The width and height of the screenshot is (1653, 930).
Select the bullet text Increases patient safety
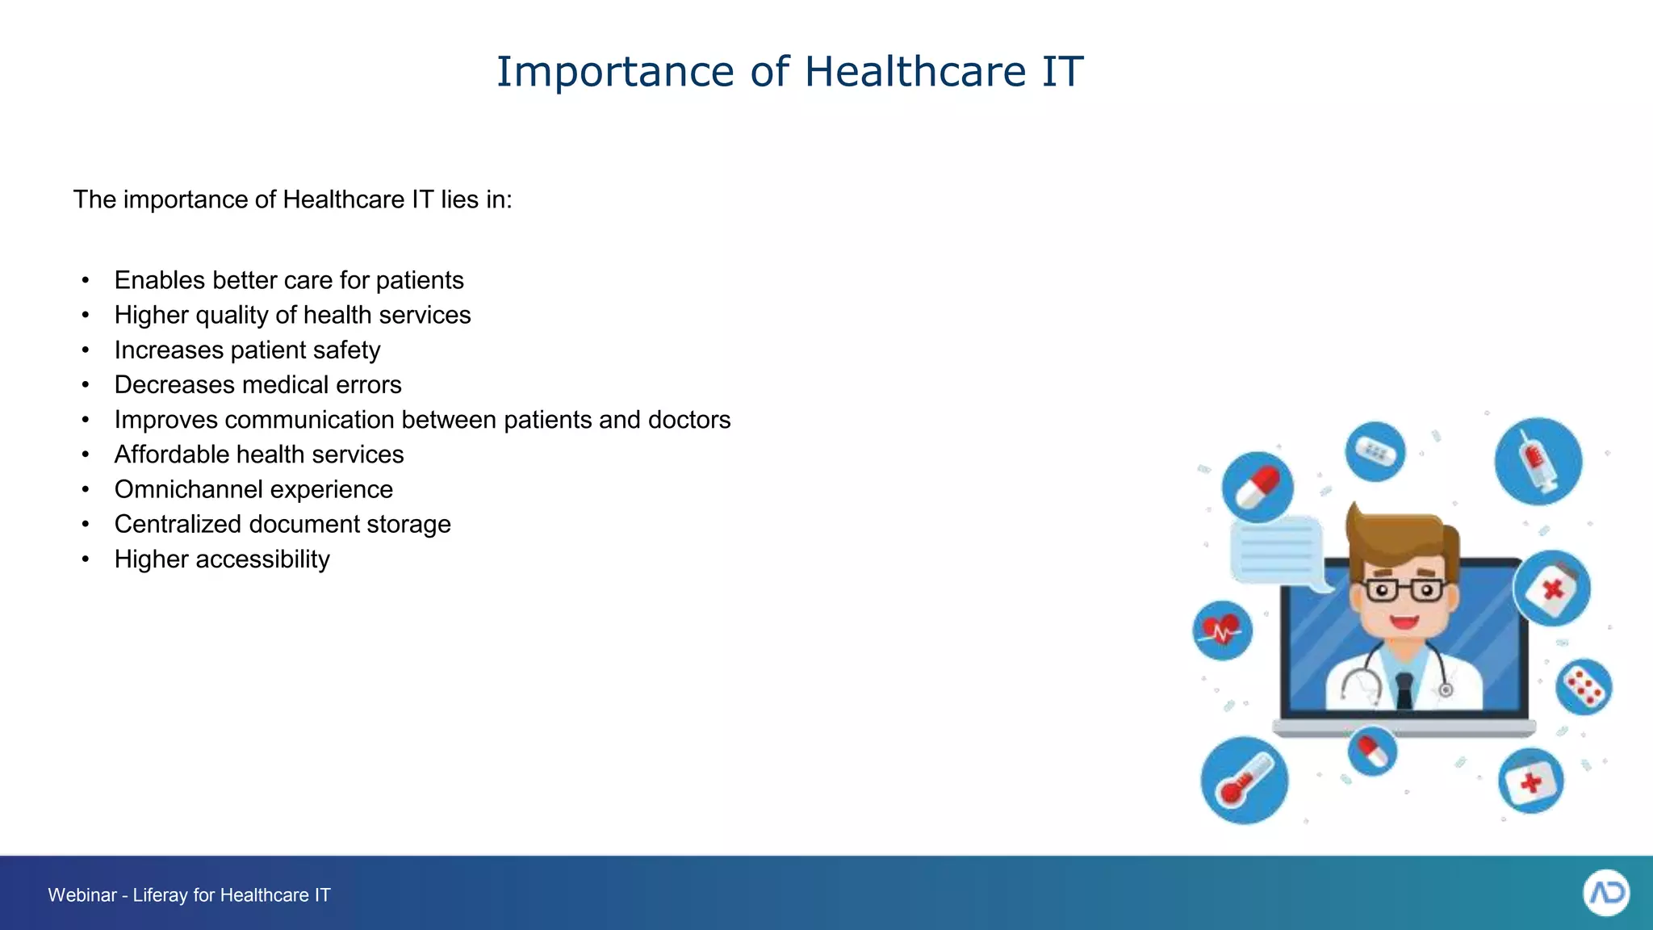[x=247, y=350]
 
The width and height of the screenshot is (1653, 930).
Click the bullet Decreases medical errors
[x=257, y=385]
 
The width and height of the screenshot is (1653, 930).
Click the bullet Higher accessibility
[x=222, y=559]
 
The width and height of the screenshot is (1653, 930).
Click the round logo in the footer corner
[x=1605, y=893]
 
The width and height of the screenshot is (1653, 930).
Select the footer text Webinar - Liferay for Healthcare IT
[x=189, y=895]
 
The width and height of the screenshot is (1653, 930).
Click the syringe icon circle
[x=1538, y=462]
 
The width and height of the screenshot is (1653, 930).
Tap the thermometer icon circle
[x=1244, y=781]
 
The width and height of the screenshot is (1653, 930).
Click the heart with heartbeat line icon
[x=1222, y=630]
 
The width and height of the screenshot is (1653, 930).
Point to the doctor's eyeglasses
[x=1404, y=590]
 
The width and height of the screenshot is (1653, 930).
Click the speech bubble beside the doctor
[x=1278, y=551]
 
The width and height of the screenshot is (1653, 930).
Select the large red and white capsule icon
[x=1257, y=487]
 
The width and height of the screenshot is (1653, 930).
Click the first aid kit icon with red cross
[x=1530, y=781]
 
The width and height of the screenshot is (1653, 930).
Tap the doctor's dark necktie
[x=1404, y=690]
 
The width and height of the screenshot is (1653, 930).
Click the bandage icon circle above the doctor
[x=1375, y=451]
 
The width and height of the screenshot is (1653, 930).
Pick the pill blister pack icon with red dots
[x=1583, y=687]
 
